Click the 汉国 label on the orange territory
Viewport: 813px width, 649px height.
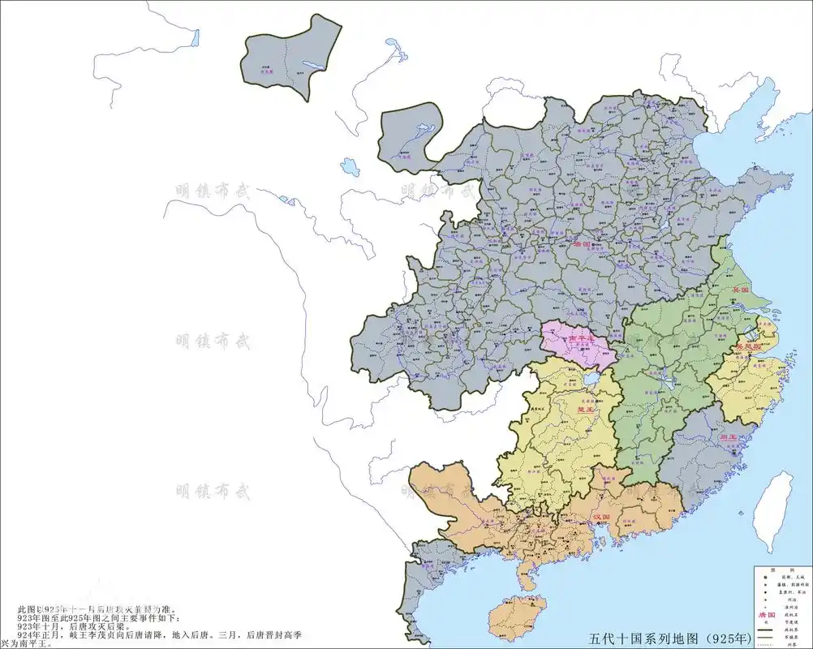[x=602, y=517]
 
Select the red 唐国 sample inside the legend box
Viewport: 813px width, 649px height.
[x=767, y=615]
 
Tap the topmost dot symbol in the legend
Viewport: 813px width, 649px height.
[x=766, y=578]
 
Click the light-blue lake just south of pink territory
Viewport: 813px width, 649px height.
[x=591, y=378]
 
